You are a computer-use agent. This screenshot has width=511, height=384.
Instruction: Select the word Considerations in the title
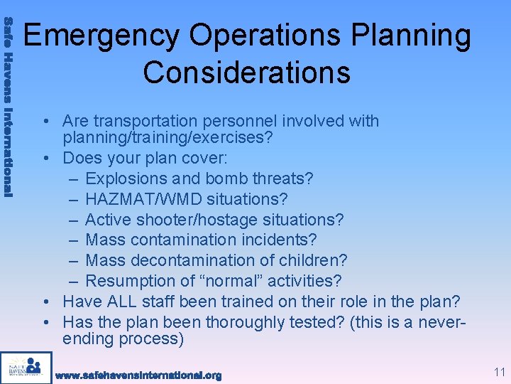(246, 73)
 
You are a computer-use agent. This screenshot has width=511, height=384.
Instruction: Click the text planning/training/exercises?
(167, 137)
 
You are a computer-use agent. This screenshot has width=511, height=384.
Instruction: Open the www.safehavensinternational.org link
(138, 375)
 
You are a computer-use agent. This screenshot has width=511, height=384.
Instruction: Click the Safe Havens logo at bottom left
(26, 367)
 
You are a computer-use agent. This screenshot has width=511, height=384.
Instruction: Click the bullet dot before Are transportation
(45, 122)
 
